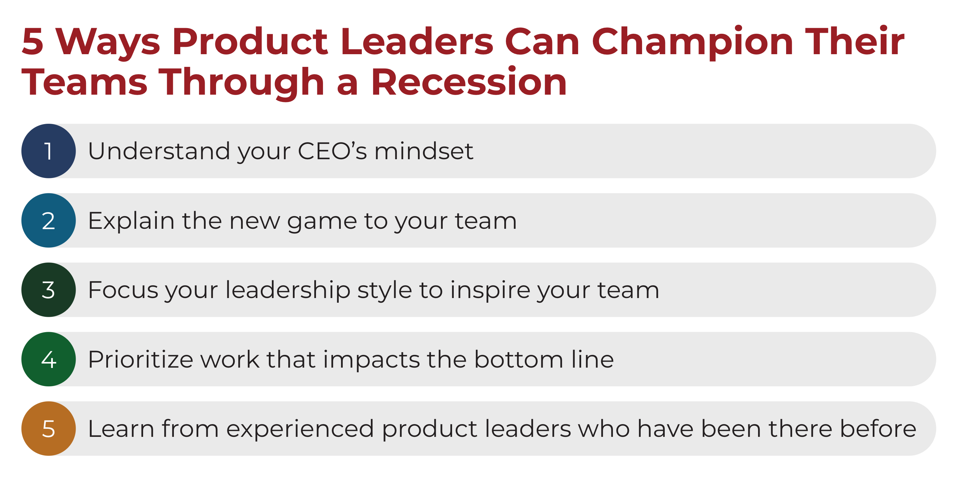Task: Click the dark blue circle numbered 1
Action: pos(48,151)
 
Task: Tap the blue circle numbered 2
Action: pos(48,220)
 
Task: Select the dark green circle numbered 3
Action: pos(48,290)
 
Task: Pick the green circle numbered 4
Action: pos(48,359)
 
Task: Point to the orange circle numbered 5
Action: pos(48,428)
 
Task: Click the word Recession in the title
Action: pos(469,82)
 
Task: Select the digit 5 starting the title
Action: pos(32,41)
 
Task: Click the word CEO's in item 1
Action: pos(332,151)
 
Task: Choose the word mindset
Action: pos(424,151)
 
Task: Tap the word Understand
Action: pos(159,151)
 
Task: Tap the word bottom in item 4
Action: pos(519,359)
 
